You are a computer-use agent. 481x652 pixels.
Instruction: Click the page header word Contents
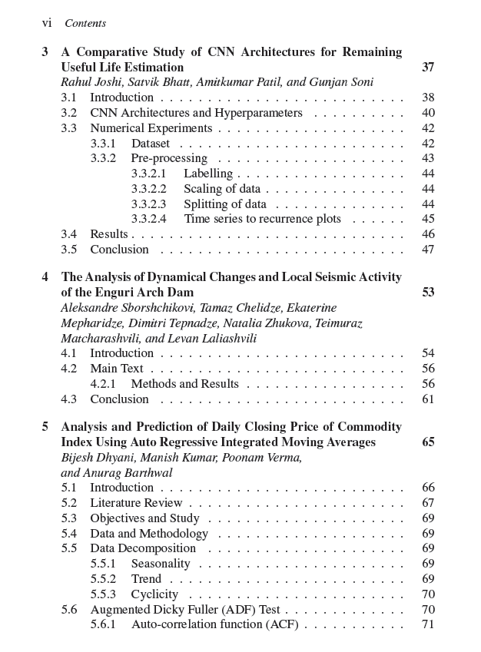click(x=85, y=24)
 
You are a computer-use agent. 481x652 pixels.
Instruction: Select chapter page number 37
click(x=428, y=68)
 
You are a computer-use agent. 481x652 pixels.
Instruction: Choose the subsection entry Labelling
click(x=207, y=174)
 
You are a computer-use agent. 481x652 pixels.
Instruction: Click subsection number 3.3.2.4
click(x=148, y=219)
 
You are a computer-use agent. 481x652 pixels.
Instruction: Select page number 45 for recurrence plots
click(x=428, y=219)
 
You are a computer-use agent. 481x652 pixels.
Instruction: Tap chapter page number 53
click(x=428, y=293)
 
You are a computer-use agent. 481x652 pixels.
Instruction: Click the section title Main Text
click(x=116, y=369)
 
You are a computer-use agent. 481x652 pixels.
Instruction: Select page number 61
click(x=428, y=399)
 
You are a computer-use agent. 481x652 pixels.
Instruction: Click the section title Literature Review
click(x=136, y=503)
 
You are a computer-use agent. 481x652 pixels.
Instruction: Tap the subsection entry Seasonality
click(x=160, y=564)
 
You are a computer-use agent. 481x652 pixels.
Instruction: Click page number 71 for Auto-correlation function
click(x=428, y=624)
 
